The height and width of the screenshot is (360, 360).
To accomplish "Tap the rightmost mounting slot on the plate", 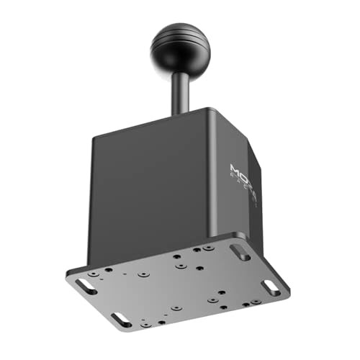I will (x=271, y=286).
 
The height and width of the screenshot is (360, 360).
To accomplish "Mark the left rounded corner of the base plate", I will (x=68, y=277).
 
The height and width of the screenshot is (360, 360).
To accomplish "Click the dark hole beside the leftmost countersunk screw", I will (x=109, y=271).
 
